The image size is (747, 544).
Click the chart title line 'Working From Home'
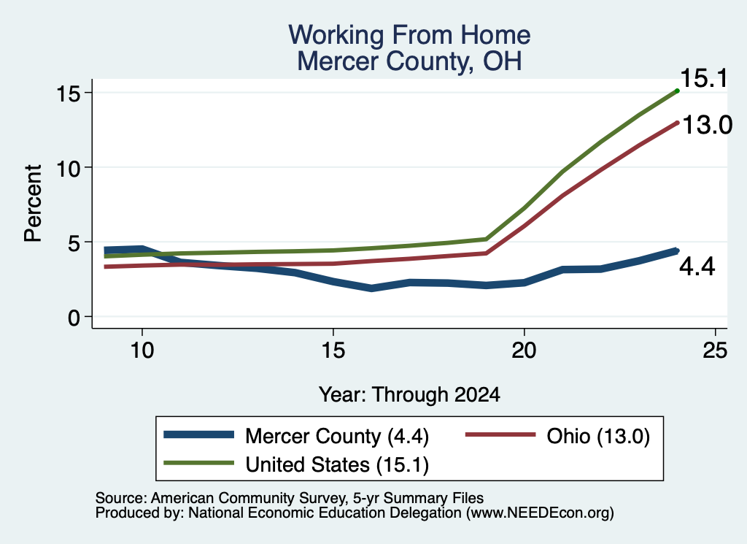click(x=409, y=35)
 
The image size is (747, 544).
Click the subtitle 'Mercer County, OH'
click(x=409, y=61)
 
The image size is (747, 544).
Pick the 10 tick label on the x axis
click(x=142, y=350)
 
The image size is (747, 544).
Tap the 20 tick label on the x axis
click(x=524, y=350)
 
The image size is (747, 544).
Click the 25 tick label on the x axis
click(x=715, y=350)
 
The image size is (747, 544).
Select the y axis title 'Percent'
click(x=34, y=204)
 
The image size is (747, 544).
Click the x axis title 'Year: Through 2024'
click(x=409, y=395)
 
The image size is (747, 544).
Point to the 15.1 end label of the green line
click(x=704, y=78)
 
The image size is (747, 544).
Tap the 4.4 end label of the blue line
click(x=697, y=267)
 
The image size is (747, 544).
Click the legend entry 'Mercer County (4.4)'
click(x=337, y=436)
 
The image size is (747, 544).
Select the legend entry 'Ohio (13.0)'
click(x=598, y=436)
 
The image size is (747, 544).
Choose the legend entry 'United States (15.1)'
click(x=337, y=465)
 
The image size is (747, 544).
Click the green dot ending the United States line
click(x=677, y=91)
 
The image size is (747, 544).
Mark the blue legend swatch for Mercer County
click(x=198, y=434)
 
